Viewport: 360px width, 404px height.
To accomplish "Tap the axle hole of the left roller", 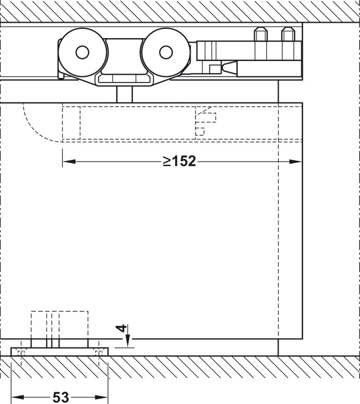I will coord(82,52).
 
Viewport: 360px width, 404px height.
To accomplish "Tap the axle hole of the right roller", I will coord(165,52).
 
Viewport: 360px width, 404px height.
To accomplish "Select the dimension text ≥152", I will coord(179,161).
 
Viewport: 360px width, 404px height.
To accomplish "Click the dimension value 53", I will coord(60,397).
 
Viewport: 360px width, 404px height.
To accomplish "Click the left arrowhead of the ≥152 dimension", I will coord(67,162).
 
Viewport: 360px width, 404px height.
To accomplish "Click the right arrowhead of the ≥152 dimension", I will coord(297,162).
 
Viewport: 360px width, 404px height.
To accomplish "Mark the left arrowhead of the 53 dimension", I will coord(16,397).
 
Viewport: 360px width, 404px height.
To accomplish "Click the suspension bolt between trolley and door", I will coord(125,94).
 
